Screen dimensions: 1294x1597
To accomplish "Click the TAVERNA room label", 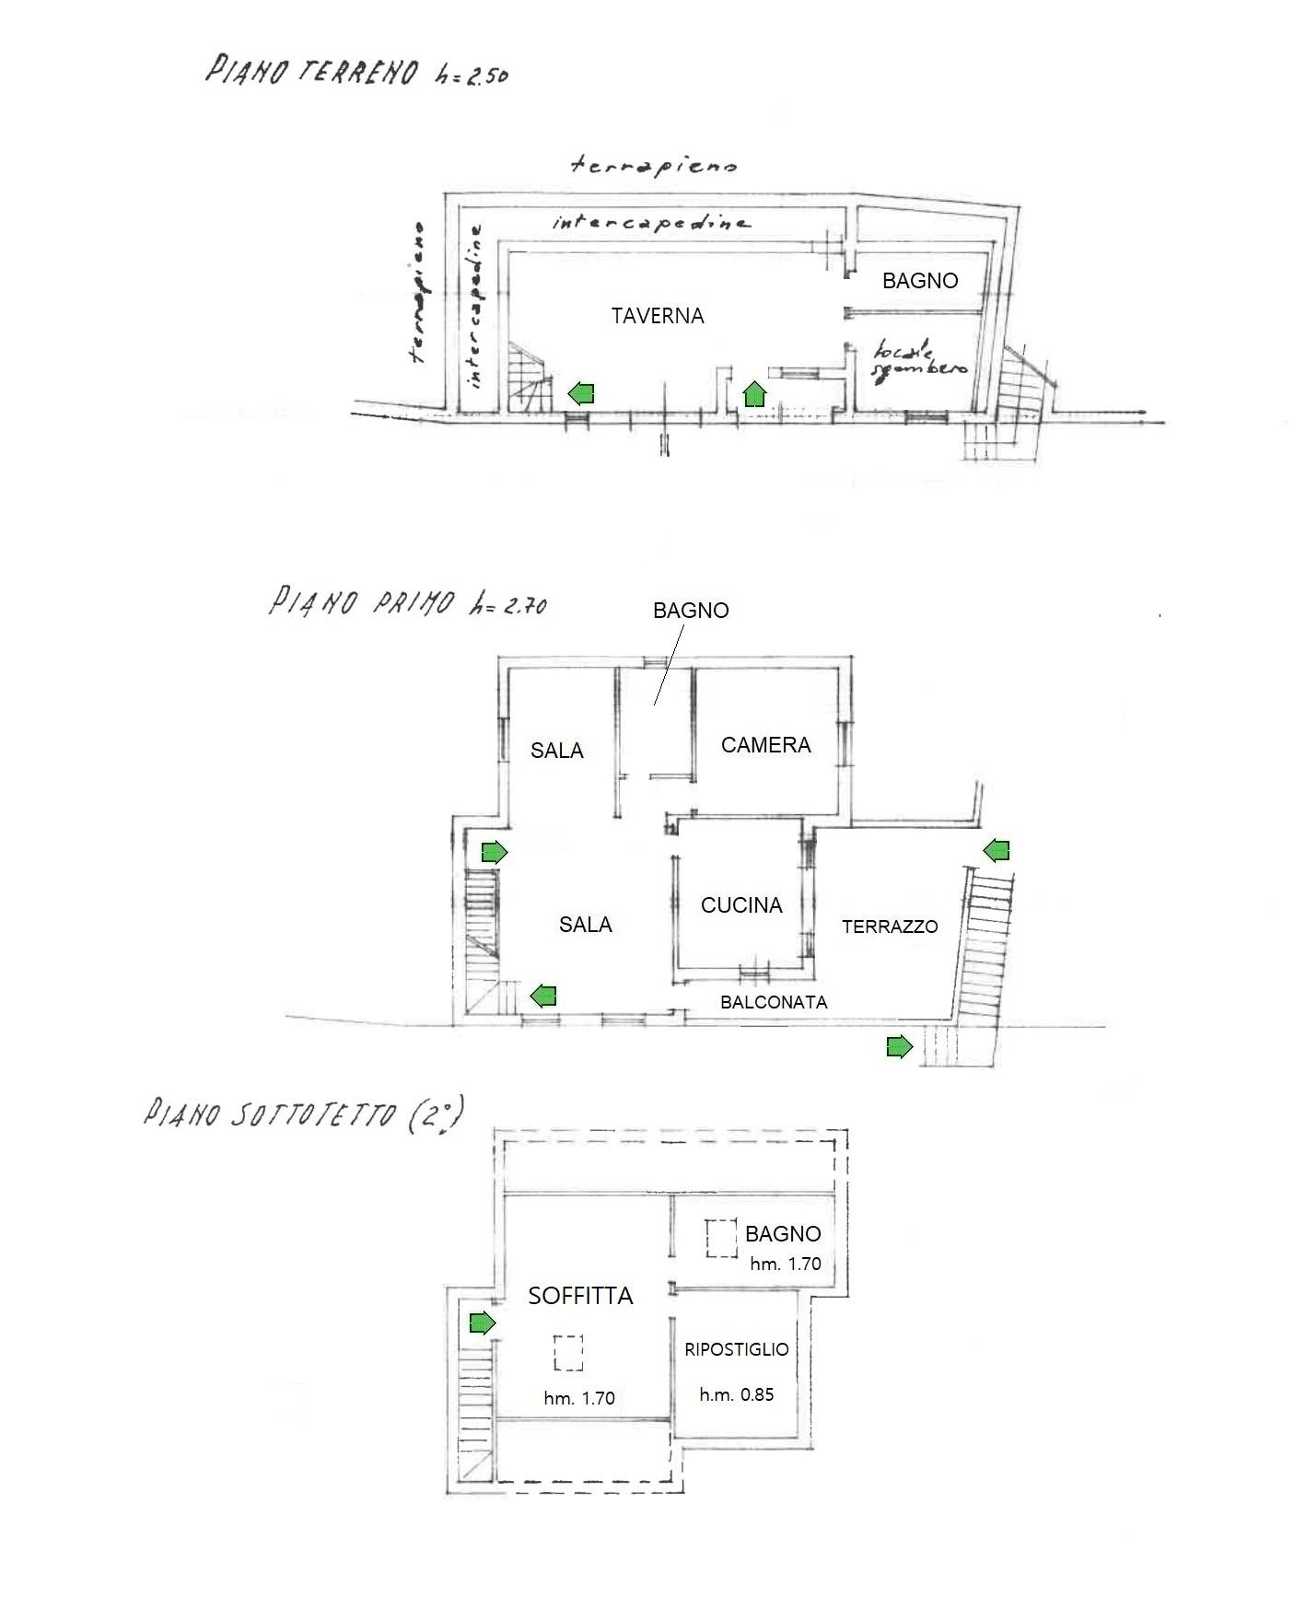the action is coord(658,316).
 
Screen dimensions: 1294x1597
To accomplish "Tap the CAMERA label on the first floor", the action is coord(766,745).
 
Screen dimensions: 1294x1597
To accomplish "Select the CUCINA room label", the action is coord(741,905).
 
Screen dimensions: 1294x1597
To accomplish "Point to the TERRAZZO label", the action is coord(890,927).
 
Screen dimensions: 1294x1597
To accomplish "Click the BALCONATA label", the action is coord(774,1002).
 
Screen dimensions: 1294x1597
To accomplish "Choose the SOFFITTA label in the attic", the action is coord(580,1296).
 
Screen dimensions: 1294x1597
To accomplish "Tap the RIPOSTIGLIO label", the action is coord(737,1349).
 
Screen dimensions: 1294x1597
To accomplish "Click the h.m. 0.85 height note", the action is coord(737,1394).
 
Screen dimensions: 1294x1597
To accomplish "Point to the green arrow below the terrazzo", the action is coord(900,1046).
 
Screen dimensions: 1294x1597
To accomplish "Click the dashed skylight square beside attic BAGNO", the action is coord(721,1239).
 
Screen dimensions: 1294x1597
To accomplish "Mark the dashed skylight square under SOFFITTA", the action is coord(568,1353).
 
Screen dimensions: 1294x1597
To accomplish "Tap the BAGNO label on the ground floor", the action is coord(920,281).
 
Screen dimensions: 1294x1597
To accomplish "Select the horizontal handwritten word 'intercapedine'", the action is coord(651,222).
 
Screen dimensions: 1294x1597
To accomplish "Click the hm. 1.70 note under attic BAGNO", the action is coord(786,1264).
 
